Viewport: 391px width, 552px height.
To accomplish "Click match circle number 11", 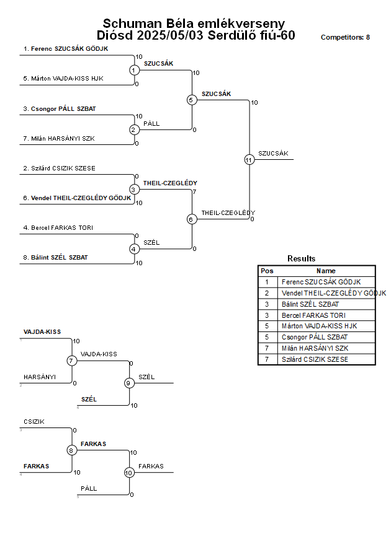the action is (249, 160).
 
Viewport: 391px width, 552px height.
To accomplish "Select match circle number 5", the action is (191, 100).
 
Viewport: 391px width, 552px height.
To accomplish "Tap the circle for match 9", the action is (129, 383).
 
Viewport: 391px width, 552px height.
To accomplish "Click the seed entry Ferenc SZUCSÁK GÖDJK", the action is (66, 49).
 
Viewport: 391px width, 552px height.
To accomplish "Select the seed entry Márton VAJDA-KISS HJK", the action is (63, 79).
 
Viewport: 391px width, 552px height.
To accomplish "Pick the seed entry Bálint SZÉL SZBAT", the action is (55, 257).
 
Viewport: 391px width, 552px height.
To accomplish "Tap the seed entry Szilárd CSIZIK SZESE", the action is (59, 169).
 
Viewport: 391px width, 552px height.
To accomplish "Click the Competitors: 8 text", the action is (345, 37).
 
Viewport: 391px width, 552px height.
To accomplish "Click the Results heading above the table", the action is (301, 259).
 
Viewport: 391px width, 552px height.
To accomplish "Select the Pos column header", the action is (267, 271).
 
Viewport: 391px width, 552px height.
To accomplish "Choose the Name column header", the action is (326, 271).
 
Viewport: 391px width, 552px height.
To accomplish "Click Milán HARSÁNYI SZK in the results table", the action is (315, 348).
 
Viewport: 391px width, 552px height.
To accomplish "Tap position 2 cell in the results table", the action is (267, 293).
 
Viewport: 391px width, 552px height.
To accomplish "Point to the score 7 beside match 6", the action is (194, 192).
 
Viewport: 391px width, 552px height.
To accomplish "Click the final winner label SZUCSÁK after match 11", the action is (273, 154).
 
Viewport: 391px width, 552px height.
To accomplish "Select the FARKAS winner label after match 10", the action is (151, 467).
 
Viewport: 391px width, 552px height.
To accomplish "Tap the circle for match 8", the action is (71, 450).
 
